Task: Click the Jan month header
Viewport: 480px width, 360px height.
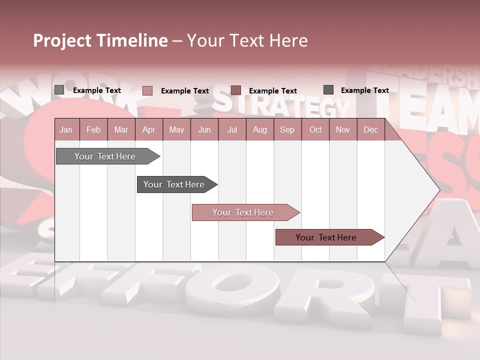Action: pyautogui.click(x=66, y=130)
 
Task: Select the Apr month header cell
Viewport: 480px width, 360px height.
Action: pyautogui.click(x=149, y=130)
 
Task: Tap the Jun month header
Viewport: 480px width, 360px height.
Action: pyautogui.click(x=204, y=130)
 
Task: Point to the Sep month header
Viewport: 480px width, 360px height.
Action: pyautogui.click(x=287, y=130)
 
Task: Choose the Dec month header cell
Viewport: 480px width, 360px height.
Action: pyautogui.click(x=370, y=130)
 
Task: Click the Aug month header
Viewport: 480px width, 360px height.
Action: pyautogui.click(x=260, y=130)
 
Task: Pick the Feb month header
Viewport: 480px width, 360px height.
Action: pyautogui.click(x=93, y=130)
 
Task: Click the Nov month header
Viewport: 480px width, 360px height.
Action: pyautogui.click(x=343, y=130)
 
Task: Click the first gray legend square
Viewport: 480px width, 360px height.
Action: pyautogui.click(x=59, y=90)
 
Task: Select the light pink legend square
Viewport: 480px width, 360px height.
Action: pyautogui.click(x=147, y=90)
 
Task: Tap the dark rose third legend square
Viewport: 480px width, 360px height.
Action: pyautogui.click(x=236, y=90)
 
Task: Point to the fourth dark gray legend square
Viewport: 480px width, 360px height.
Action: pyautogui.click(x=328, y=90)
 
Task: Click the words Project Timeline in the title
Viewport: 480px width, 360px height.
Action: pyautogui.click(x=100, y=40)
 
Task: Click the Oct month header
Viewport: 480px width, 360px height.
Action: pyautogui.click(x=315, y=130)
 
